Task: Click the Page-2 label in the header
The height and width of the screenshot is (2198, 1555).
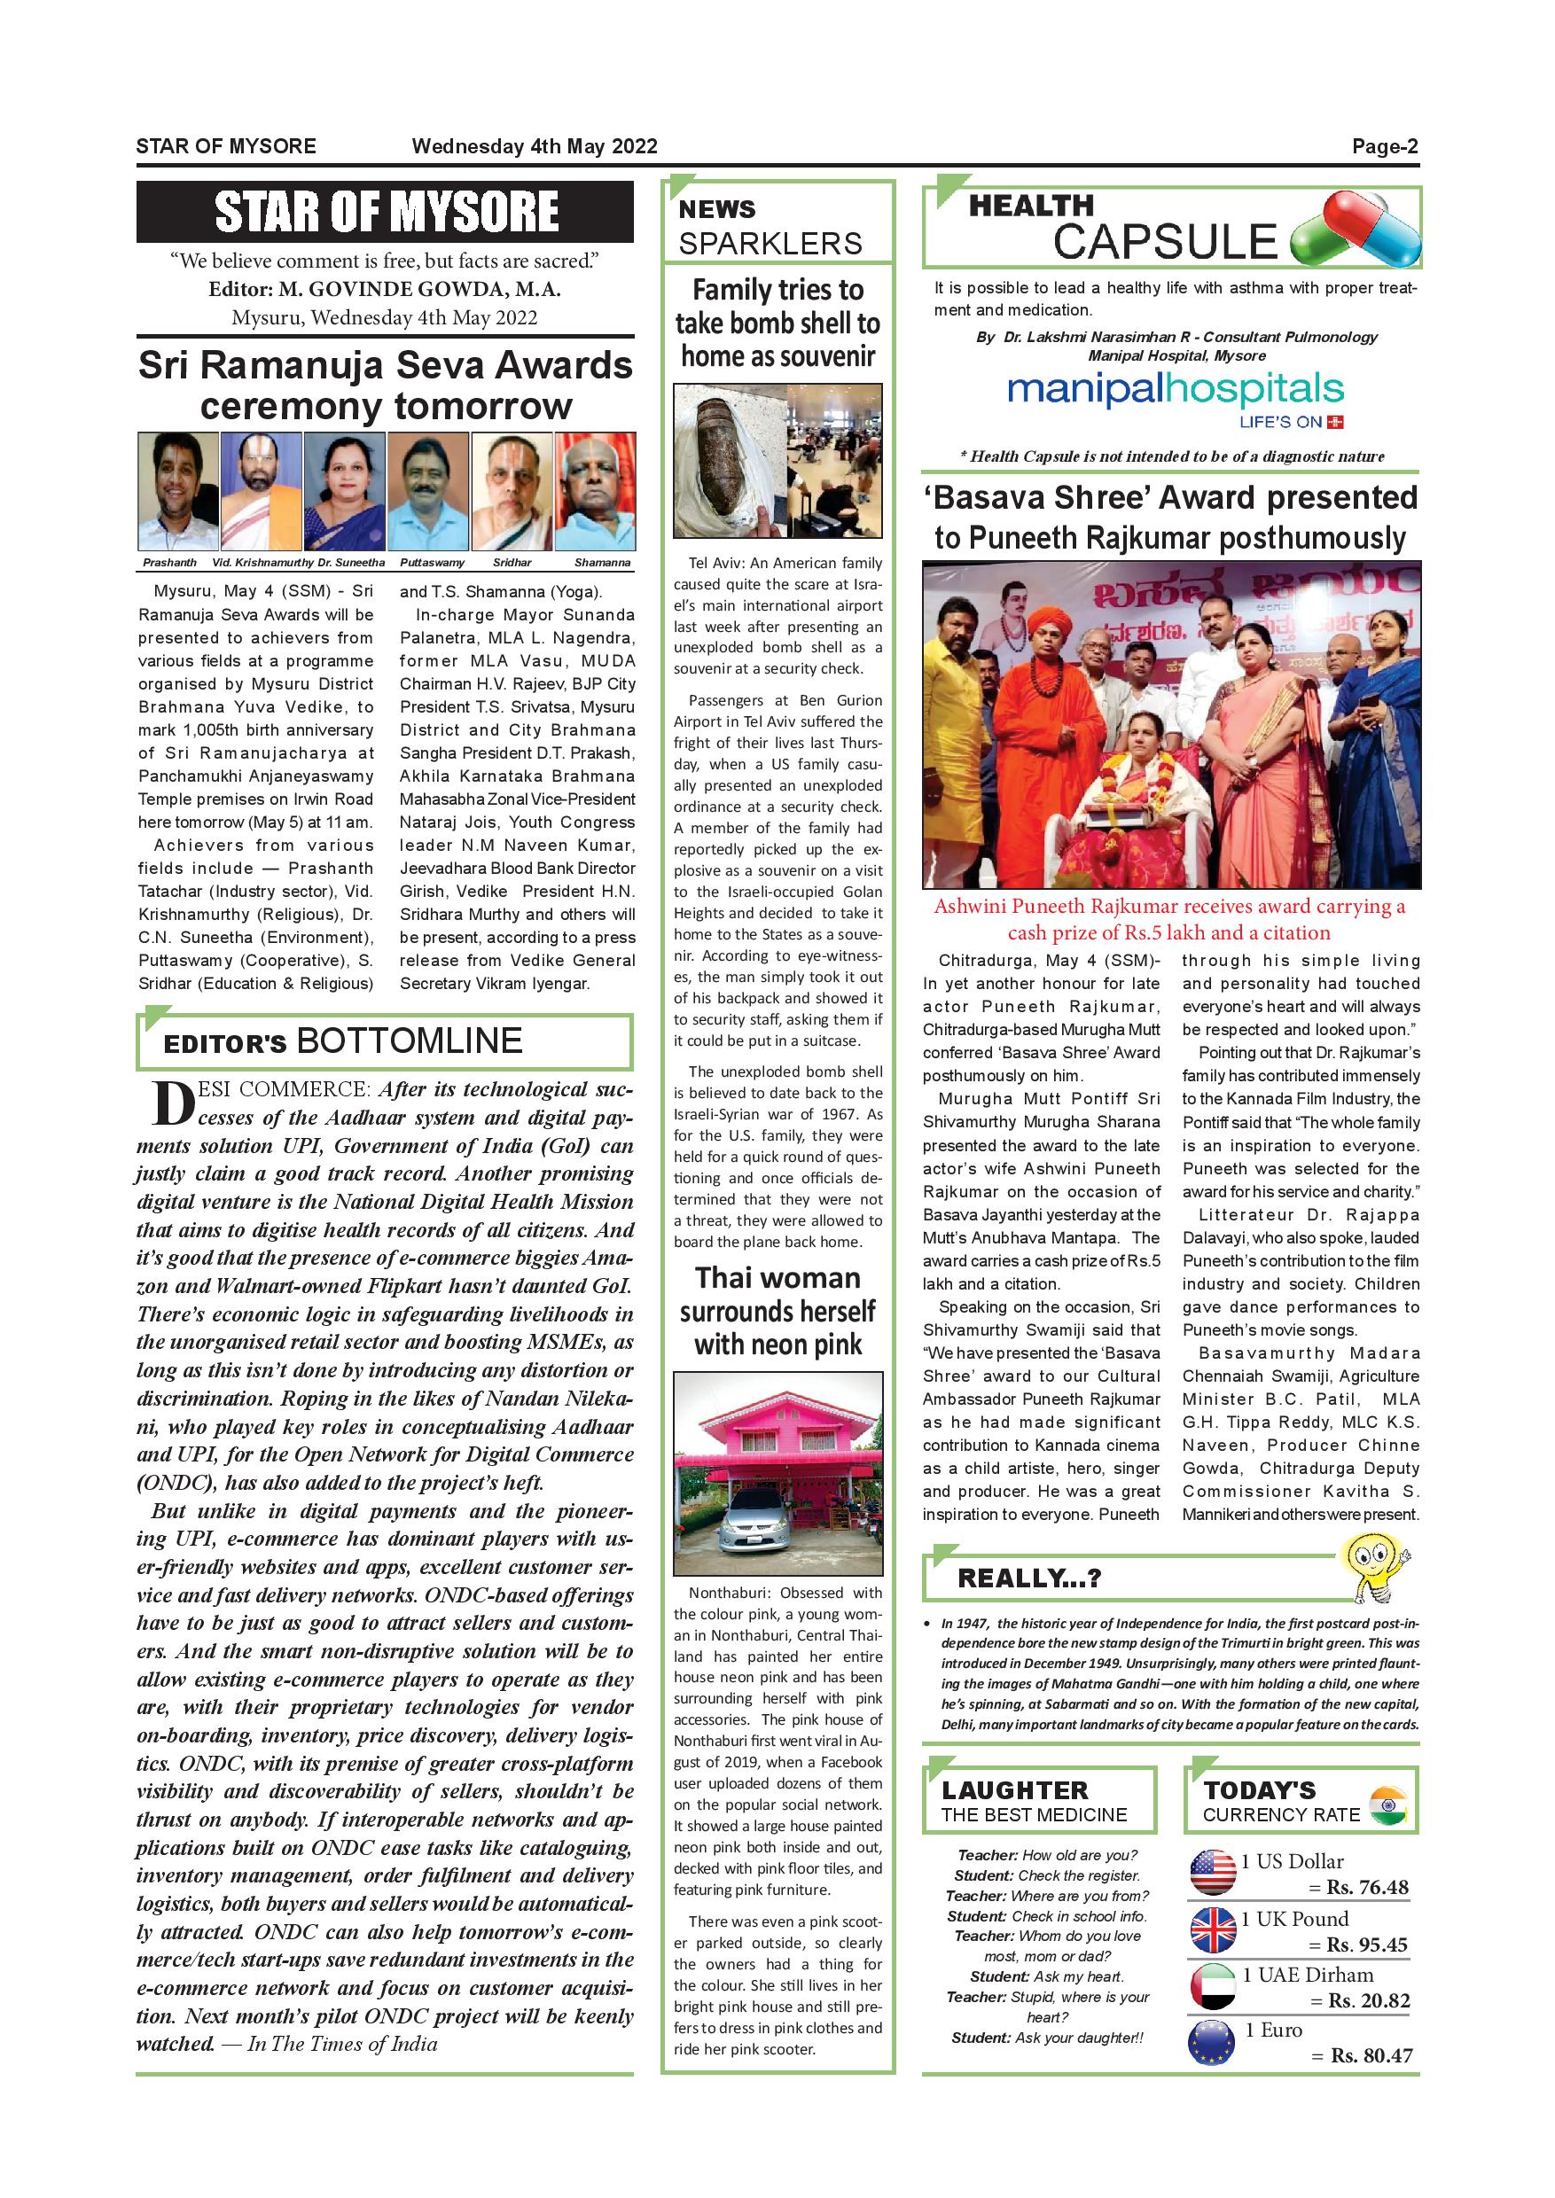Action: pos(1384,146)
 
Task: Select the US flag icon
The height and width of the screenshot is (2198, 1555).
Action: pos(1212,1874)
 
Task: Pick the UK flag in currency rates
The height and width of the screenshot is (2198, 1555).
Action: pos(1212,1930)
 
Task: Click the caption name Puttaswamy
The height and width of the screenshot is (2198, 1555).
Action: pos(432,563)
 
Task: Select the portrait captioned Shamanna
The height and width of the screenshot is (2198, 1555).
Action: pos(596,491)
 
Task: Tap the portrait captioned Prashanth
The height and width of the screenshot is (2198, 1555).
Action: pos(178,491)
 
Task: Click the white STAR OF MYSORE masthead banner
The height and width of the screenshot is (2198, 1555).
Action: pos(385,212)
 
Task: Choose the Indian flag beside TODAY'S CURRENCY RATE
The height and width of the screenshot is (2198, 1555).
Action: pos(1387,1804)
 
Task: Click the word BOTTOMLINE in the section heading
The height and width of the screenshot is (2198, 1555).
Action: pos(409,1041)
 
